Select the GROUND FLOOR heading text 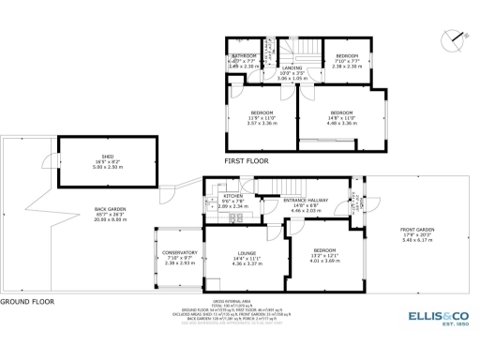click(25, 302)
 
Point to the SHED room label click(95, 158)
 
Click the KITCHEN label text click(233, 196)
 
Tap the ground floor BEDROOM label click(324, 250)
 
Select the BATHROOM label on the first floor click(244, 56)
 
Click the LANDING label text click(293, 68)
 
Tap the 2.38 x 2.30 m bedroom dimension click(347, 67)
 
